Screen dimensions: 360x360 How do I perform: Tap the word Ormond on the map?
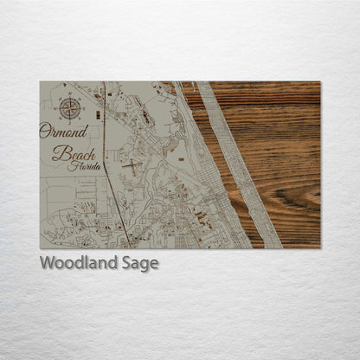coord(63,132)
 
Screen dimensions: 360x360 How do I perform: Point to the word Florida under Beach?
coord(87,165)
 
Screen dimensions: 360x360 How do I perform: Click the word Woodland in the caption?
coord(74,263)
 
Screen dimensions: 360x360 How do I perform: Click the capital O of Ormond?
coord(45,132)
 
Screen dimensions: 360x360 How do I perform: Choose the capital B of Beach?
coord(59,154)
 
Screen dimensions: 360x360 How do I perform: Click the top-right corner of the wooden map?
coord(319,82)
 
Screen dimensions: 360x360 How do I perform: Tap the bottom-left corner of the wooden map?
coord(40,248)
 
